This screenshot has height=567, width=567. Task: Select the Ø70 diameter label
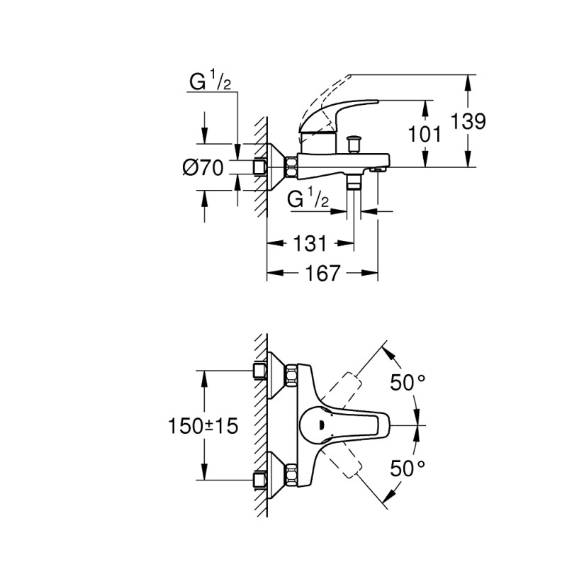[203, 168]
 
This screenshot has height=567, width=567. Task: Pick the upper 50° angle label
[408, 383]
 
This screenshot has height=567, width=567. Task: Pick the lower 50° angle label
[408, 468]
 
